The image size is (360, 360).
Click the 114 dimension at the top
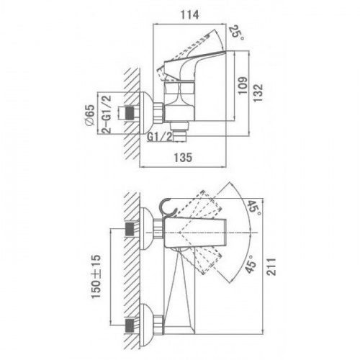[x=190, y=15]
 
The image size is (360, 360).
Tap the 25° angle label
[x=236, y=33]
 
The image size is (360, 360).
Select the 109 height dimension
[x=243, y=86]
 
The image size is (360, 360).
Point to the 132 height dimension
[x=258, y=93]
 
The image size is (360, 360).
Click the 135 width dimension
[x=183, y=158]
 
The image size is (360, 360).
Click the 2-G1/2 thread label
[x=107, y=114]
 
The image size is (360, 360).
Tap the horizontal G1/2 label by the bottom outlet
[x=160, y=137]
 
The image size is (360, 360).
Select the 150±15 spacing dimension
[x=96, y=276]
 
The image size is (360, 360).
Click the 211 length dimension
[x=271, y=267]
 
